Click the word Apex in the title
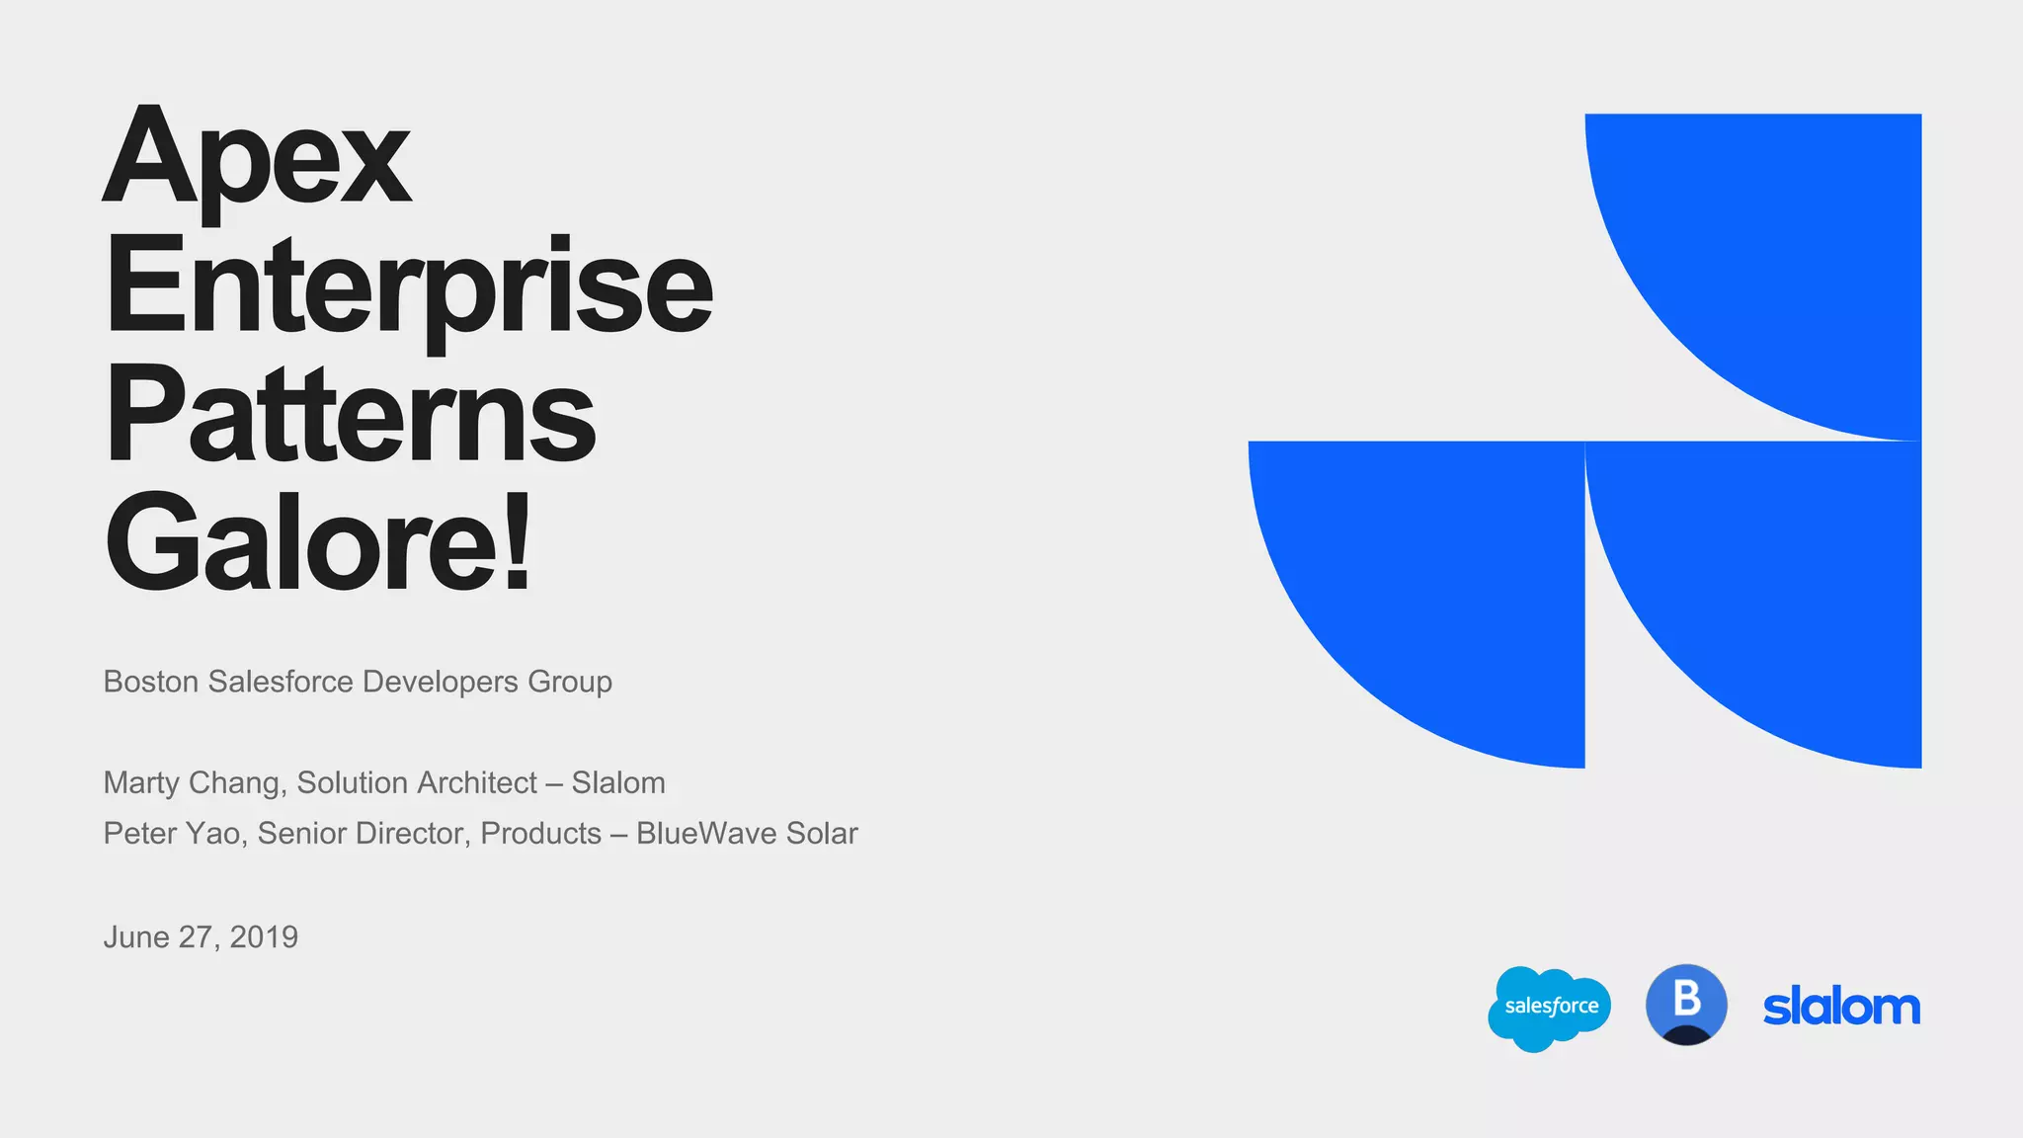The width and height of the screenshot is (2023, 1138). point(257,158)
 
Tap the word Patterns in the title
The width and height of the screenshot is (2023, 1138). point(350,415)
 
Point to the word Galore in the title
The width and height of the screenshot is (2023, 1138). point(302,544)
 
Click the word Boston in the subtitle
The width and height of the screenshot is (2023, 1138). point(151,682)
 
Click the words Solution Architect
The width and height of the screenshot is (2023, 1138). point(417,782)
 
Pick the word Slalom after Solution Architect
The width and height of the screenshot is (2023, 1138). point(618,782)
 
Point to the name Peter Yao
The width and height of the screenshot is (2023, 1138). point(171,833)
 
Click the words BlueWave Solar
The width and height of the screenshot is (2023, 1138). point(747,833)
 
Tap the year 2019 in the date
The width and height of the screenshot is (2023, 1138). point(264,936)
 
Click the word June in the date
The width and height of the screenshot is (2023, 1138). point(136,936)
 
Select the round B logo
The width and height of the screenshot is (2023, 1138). point(1686,1005)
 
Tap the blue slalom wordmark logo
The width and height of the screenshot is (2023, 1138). point(1841,1008)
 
